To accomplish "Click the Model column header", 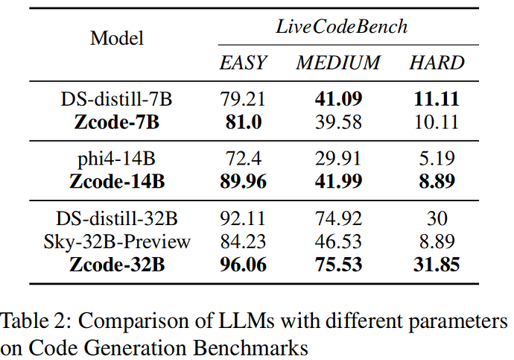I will click(117, 38).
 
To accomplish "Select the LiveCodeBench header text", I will click(342, 26).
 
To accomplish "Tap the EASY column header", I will click(242, 63).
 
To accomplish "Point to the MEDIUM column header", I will click(339, 63).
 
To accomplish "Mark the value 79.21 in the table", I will click(242, 99).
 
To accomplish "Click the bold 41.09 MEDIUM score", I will click(339, 99).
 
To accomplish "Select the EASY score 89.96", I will click(242, 181).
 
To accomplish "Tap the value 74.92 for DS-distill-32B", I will click(339, 219).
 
